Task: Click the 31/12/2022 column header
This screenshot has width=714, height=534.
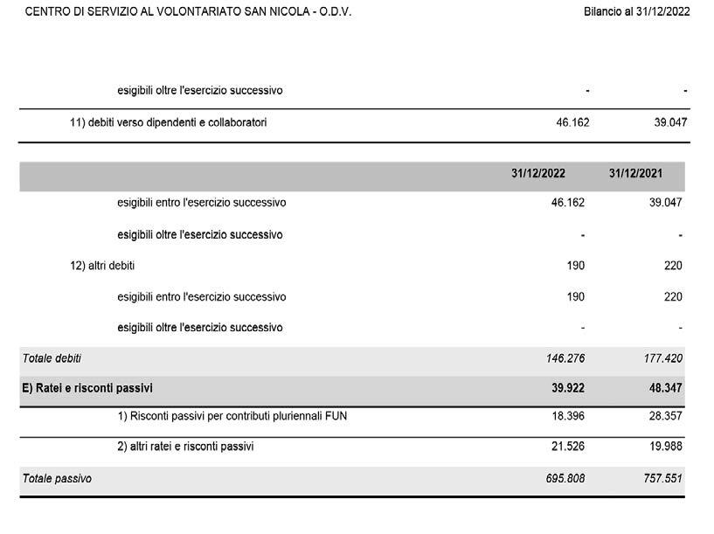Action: pos(537,174)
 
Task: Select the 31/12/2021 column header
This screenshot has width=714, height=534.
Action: pos(635,174)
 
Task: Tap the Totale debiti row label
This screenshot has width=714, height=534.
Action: pos(52,358)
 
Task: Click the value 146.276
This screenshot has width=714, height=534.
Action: pos(565,358)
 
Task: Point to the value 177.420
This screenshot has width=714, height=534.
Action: pos(662,358)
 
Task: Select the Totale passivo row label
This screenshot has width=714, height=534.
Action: pos(56,479)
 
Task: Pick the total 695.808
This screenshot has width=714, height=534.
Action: pos(565,479)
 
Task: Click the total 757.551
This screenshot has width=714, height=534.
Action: pos(662,479)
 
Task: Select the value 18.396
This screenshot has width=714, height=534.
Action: pos(566,416)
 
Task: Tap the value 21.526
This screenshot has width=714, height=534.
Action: pos(566,447)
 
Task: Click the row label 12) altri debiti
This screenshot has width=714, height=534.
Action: pos(102,266)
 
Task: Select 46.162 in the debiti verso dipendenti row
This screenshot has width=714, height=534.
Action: pos(572,122)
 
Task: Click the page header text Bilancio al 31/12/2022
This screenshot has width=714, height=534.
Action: pos(636,12)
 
